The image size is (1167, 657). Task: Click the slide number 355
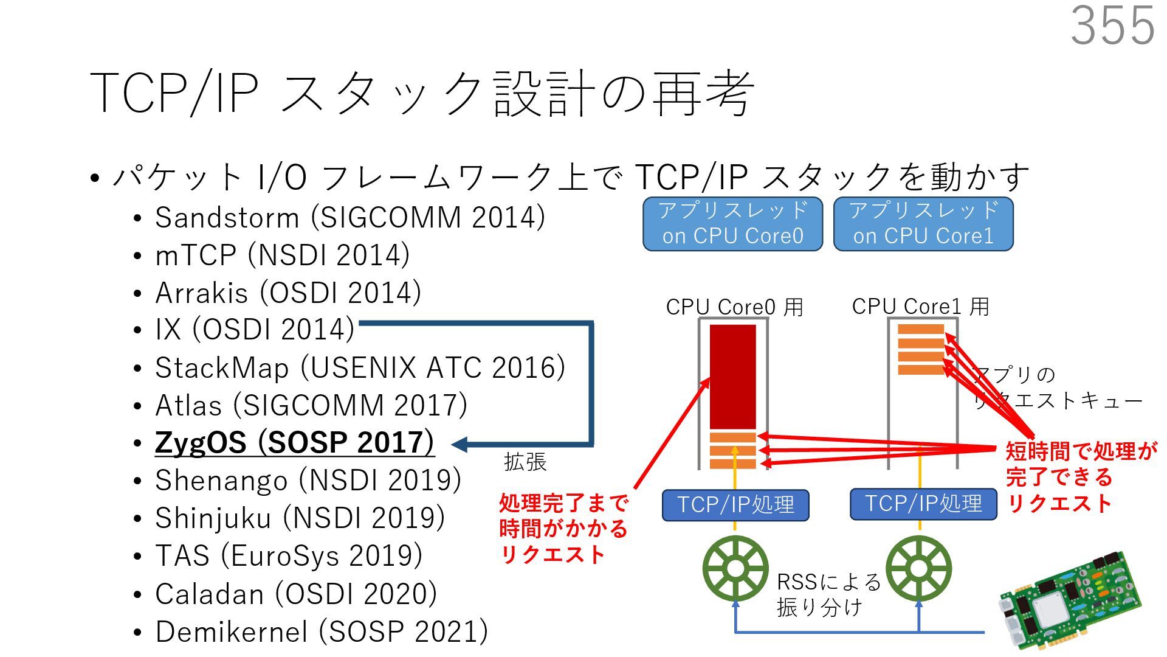[x=1112, y=26]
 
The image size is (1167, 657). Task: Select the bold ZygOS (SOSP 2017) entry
[x=294, y=442]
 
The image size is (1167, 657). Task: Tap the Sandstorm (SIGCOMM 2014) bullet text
[x=349, y=217]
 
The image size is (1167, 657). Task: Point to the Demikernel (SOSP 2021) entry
[x=321, y=631]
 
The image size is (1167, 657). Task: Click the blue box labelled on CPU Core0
[x=732, y=224]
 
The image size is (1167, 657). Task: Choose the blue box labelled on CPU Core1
[x=923, y=224]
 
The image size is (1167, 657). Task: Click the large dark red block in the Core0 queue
[x=733, y=376]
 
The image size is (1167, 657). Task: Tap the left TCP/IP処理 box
[x=735, y=505]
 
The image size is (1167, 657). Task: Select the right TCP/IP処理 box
[x=923, y=504]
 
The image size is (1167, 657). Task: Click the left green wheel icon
[x=735, y=569]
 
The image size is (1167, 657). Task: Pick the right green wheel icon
[x=918, y=569]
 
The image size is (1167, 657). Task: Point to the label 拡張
[x=525, y=462]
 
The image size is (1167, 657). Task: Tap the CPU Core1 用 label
[x=920, y=306]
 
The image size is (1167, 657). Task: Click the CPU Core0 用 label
[x=734, y=307]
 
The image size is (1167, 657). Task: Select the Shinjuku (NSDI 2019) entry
[x=300, y=518]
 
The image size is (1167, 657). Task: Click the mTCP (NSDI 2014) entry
[x=282, y=255]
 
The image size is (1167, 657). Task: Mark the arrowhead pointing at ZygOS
[x=460, y=444]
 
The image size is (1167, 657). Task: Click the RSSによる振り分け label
[x=828, y=594]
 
